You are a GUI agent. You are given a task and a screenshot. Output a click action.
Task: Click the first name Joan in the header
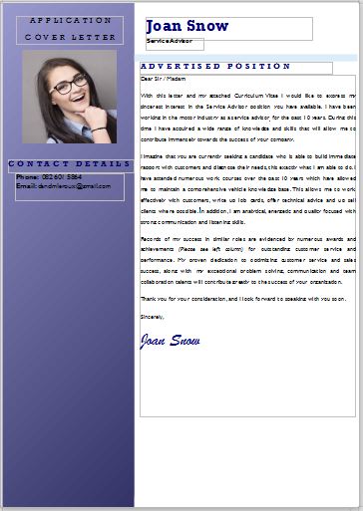click(x=165, y=26)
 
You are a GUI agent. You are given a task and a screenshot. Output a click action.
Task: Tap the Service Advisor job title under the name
click(x=169, y=42)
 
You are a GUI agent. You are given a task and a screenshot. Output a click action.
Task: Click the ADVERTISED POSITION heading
click(x=215, y=66)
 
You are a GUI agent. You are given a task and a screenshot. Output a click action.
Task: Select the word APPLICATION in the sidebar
click(x=71, y=20)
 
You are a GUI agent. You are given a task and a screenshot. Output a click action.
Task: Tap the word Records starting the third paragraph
click(x=152, y=239)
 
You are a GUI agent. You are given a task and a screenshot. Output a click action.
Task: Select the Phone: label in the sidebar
click(x=27, y=176)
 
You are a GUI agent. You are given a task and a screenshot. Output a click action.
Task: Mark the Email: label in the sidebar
click(x=26, y=185)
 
